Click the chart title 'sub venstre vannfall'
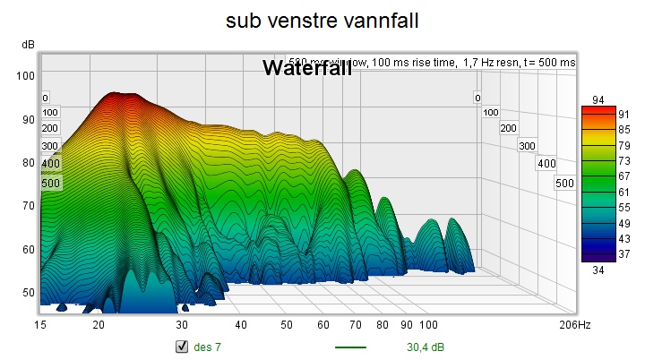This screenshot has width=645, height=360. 322,20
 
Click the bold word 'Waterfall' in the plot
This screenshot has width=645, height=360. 306,68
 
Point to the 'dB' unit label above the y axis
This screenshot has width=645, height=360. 28,44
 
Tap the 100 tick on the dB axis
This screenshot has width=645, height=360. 26,75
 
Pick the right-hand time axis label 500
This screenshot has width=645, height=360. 564,184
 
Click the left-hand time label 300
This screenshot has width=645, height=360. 50,146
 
